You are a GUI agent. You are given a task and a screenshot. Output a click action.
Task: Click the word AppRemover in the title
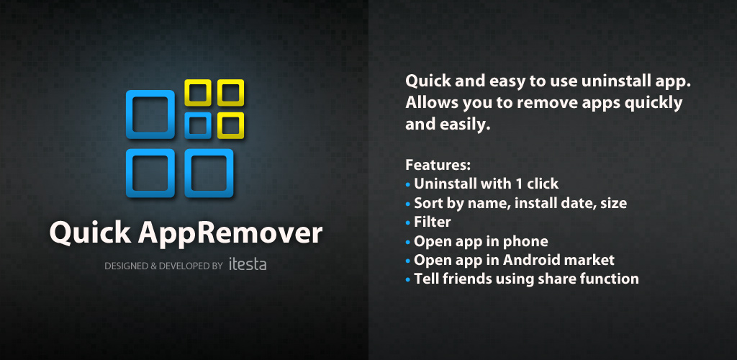tap(230, 233)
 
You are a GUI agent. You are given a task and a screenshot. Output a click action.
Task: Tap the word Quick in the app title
tap(89, 232)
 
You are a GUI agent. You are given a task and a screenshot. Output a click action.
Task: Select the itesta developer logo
tap(248, 264)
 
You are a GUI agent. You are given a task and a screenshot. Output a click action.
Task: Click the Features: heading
tap(438, 165)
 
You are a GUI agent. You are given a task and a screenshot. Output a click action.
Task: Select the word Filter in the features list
tap(433, 222)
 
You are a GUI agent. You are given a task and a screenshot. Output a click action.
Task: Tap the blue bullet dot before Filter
tap(407, 222)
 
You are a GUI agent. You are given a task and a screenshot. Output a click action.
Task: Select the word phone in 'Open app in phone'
tap(526, 242)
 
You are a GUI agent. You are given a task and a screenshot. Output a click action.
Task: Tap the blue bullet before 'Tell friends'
tap(407, 279)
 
